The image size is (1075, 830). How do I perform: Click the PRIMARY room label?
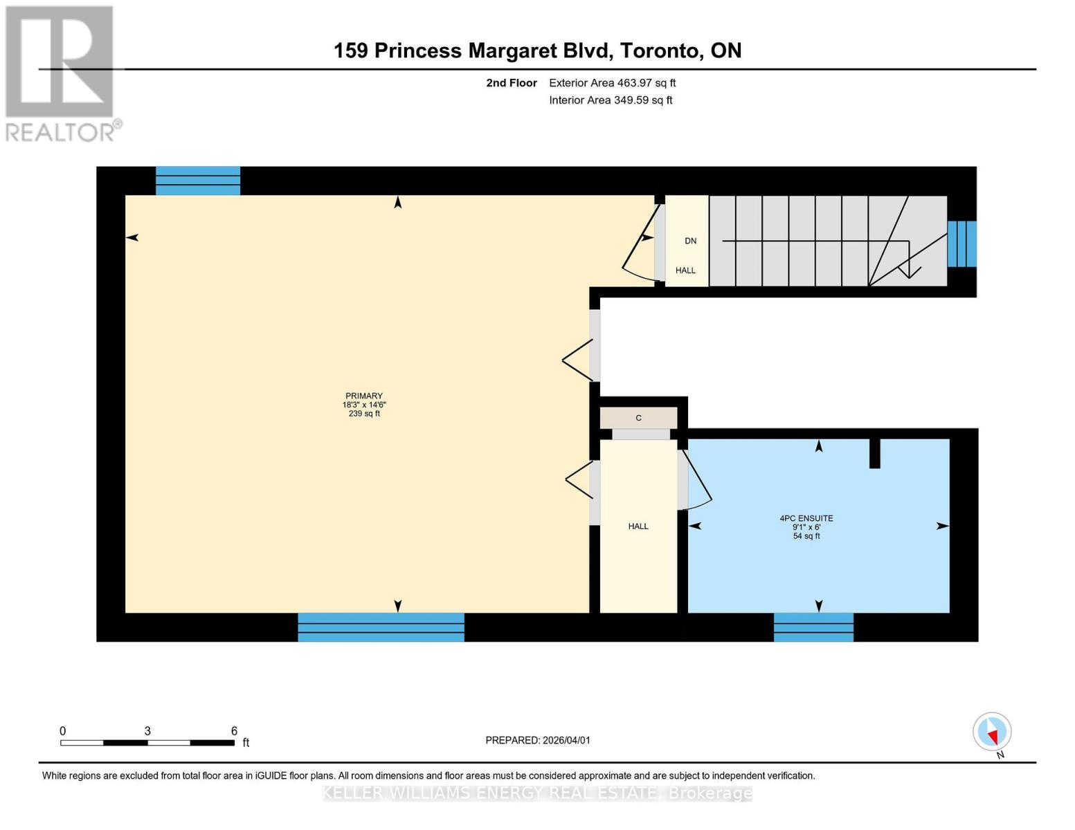pos(364,396)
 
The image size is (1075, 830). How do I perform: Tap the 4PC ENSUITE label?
pos(806,518)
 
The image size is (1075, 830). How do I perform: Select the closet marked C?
pos(638,418)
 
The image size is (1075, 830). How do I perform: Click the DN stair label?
pos(690,241)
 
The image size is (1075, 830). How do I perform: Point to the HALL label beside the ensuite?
pos(638,526)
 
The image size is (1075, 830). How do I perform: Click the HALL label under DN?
pos(685,270)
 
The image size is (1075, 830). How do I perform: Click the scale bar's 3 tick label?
pos(147,731)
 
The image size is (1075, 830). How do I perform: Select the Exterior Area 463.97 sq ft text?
pos(612,83)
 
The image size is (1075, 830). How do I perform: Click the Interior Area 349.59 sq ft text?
pos(611,100)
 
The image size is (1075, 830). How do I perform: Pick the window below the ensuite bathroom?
pos(813,627)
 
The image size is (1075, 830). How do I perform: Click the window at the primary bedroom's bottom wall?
pos(381,627)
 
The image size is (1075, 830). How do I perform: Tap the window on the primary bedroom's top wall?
pos(198,181)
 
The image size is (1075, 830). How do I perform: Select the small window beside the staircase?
pos(961,243)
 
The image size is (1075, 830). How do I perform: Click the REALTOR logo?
pos(61,73)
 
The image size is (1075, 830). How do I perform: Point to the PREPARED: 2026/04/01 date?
pos(538,740)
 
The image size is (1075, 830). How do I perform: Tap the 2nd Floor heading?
pos(512,83)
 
